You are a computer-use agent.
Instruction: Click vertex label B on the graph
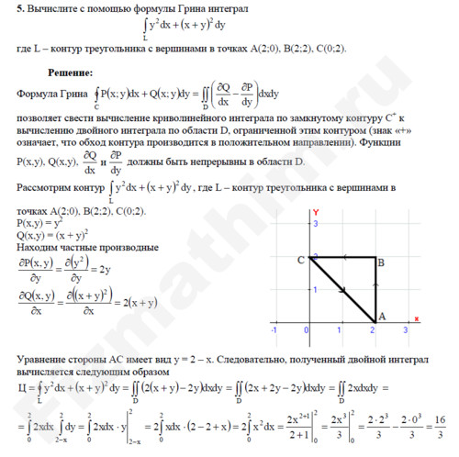point(380,262)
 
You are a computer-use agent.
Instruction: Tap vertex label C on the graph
point(300,261)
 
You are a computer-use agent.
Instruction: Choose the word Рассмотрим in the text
point(46,189)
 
